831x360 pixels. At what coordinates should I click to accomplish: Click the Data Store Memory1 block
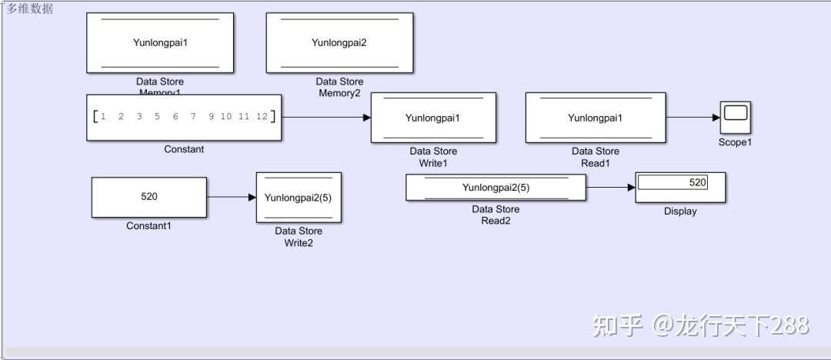pyautogui.click(x=160, y=43)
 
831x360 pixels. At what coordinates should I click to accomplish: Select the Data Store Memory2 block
pyautogui.click(x=339, y=43)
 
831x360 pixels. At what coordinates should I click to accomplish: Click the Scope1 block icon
pyautogui.click(x=735, y=117)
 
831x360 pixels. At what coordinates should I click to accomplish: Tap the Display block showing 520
pyautogui.click(x=680, y=187)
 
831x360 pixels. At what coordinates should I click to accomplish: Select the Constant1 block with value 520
pyautogui.click(x=149, y=197)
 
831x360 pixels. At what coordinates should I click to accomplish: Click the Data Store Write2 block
pyautogui.click(x=299, y=198)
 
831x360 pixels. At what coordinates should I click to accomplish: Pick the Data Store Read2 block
pyautogui.click(x=496, y=187)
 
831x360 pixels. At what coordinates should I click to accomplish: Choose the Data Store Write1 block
pyautogui.click(x=432, y=118)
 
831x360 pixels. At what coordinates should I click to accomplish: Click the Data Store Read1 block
pyautogui.click(x=595, y=118)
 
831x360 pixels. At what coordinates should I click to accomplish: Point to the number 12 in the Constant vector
pyautogui.click(x=262, y=117)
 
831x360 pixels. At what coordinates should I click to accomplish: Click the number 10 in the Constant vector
pyautogui.click(x=225, y=117)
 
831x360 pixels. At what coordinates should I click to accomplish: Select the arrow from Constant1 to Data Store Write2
pyautogui.click(x=231, y=198)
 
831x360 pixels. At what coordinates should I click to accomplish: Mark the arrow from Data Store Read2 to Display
pyautogui.click(x=610, y=187)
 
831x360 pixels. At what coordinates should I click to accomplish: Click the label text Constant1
pyautogui.click(x=149, y=226)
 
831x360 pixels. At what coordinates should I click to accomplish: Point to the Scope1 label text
pyautogui.click(x=735, y=142)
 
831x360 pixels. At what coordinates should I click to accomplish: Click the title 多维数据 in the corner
pyautogui.click(x=31, y=8)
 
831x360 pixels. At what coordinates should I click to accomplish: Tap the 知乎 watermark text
pyautogui.click(x=617, y=325)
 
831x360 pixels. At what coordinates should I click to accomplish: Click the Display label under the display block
pyautogui.click(x=680, y=212)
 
